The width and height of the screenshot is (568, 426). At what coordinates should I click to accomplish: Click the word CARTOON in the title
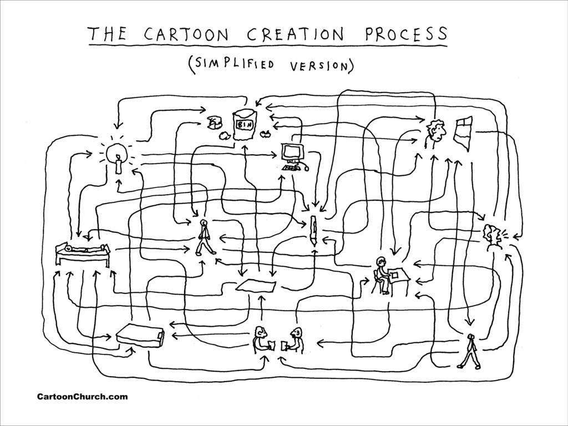click(x=186, y=35)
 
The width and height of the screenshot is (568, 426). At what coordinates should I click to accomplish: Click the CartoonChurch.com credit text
click(x=82, y=397)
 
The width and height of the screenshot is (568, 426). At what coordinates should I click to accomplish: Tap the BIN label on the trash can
click(x=244, y=125)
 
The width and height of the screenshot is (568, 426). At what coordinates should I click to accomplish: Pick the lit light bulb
click(x=116, y=153)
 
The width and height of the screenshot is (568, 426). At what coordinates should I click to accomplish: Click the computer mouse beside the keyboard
click(x=306, y=168)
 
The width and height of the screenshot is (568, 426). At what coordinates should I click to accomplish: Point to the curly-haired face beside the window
click(x=436, y=132)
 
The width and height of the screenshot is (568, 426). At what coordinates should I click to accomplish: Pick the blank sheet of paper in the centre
click(x=256, y=286)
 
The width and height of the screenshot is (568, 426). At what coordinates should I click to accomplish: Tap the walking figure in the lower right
click(x=469, y=351)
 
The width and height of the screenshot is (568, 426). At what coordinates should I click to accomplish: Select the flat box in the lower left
click(x=140, y=336)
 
